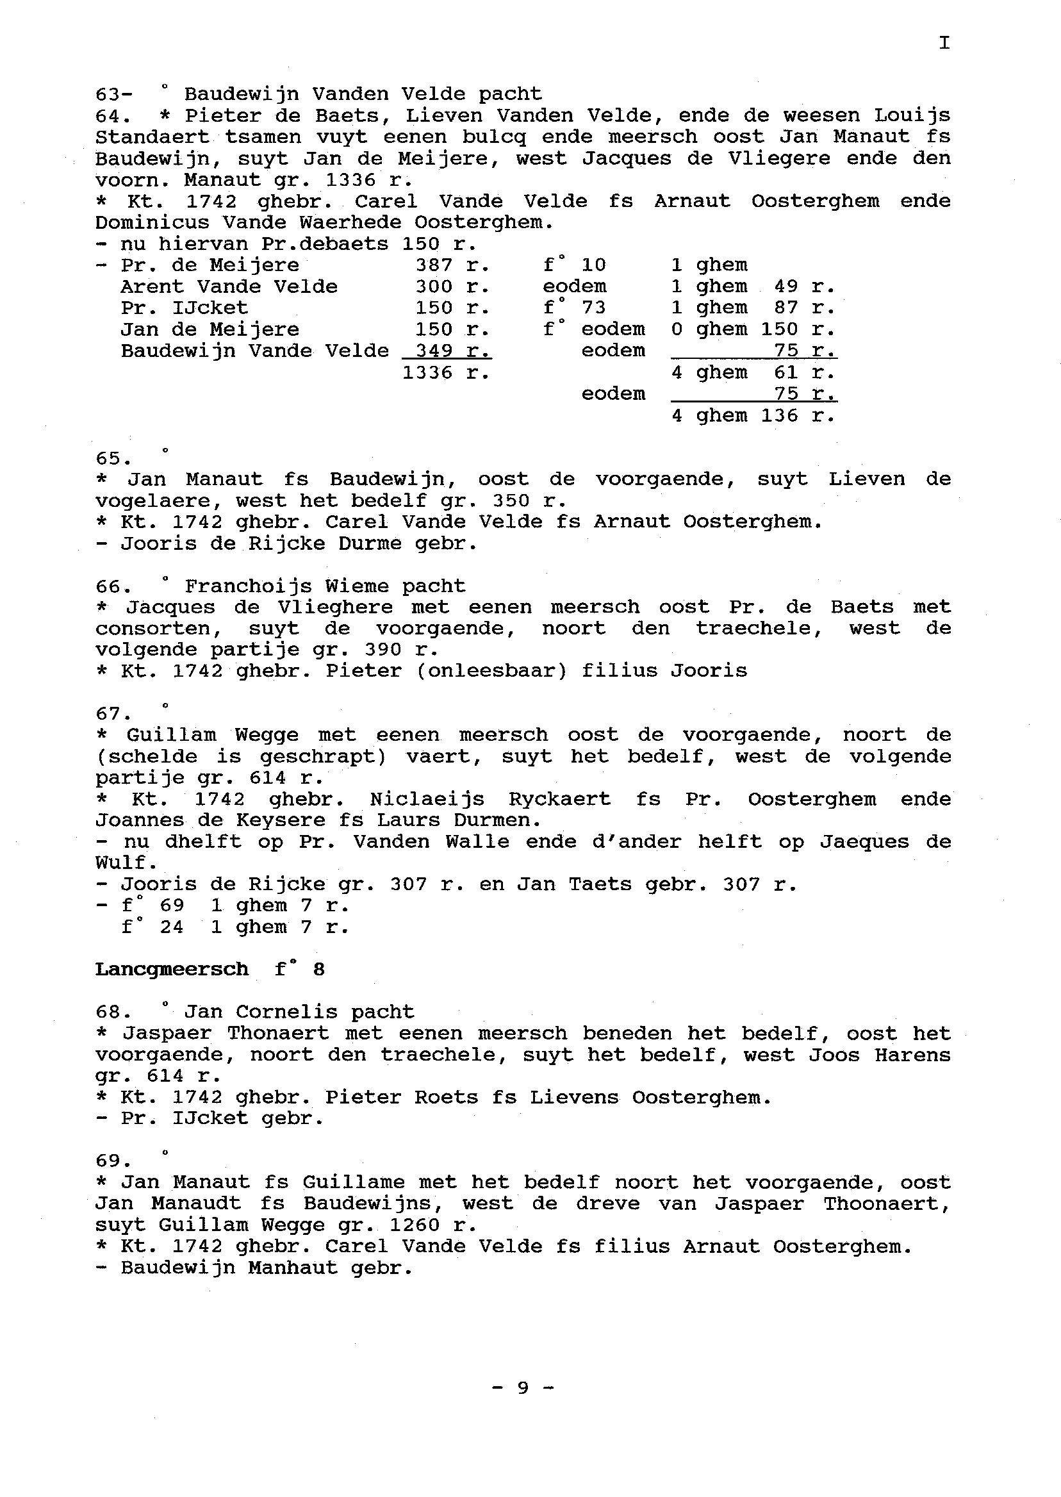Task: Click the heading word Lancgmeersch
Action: [x=171, y=969]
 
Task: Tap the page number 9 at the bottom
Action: [x=523, y=1387]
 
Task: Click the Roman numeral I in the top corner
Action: [x=944, y=43]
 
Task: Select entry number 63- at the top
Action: [x=113, y=95]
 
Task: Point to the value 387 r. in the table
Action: [x=452, y=265]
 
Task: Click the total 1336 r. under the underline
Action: [x=445, y=373]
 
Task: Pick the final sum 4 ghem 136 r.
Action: [x=754, y=415]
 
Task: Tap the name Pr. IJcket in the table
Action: [x=185, y=308]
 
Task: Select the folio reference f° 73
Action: [x=574, y=308]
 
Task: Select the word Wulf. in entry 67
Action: [x=126, y=863]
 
